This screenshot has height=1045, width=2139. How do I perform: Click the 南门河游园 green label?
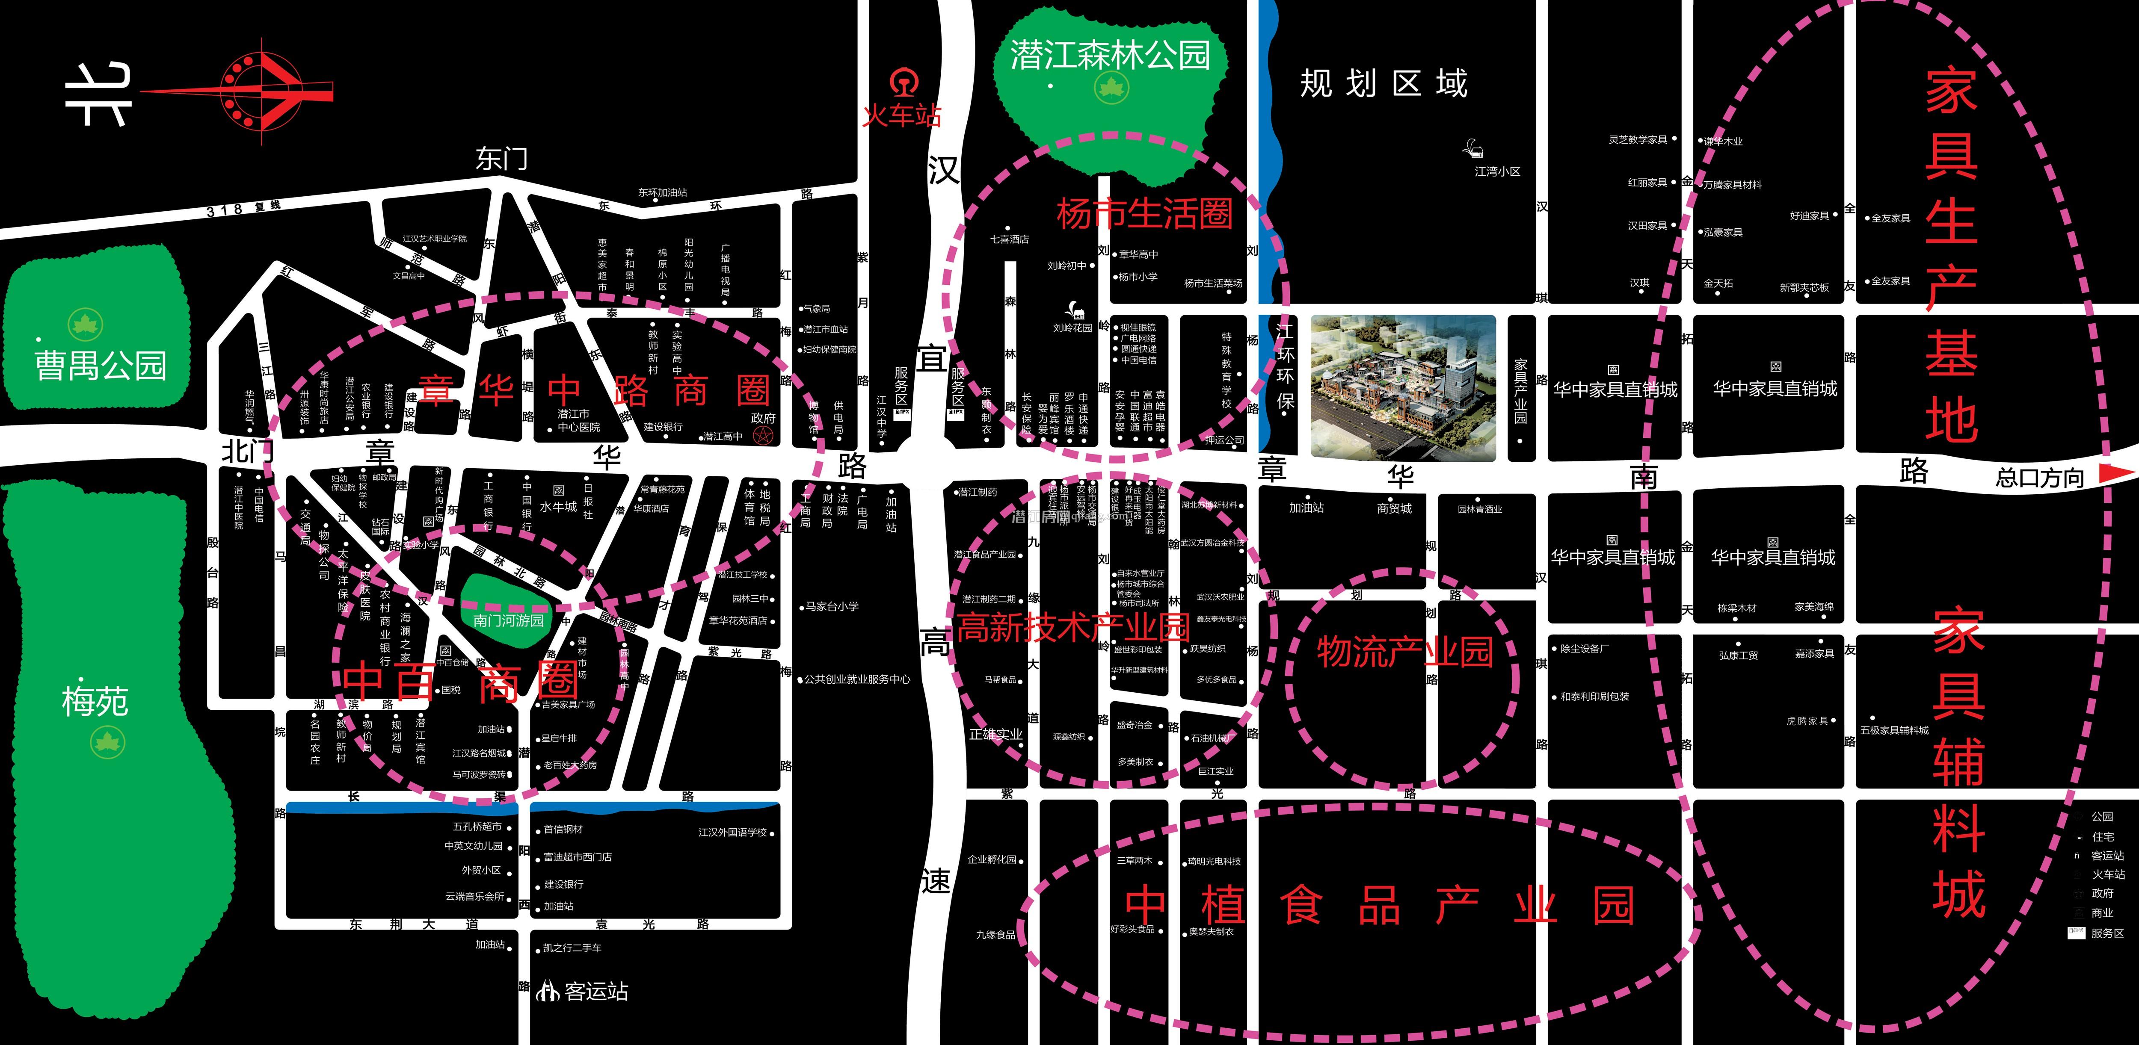pyautogui.click(x=508, y=620)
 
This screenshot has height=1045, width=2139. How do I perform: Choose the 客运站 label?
pyautogui.click(x=595, y=991)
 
